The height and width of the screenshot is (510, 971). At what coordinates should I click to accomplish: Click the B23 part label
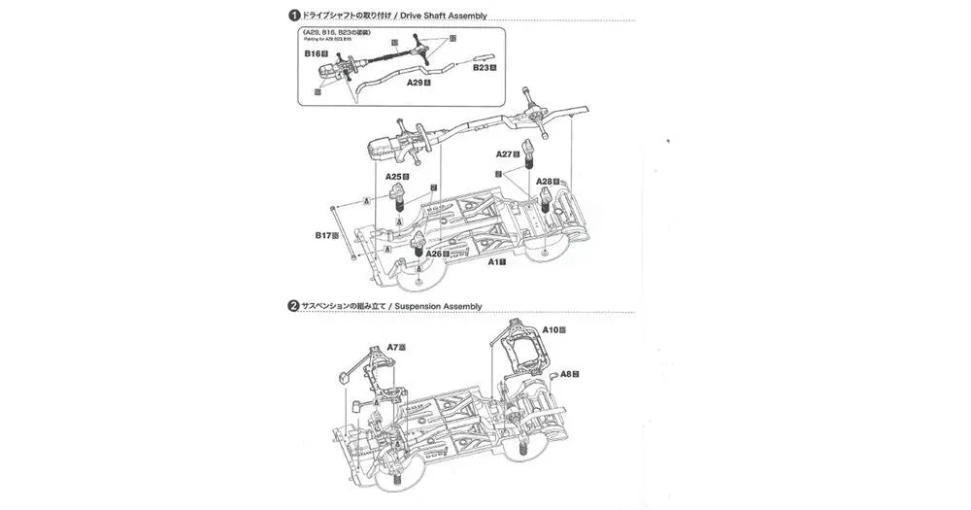[483, 68]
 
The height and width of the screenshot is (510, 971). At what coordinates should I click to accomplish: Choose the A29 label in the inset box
[416, 83]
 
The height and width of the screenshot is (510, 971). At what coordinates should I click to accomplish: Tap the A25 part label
[393, 177]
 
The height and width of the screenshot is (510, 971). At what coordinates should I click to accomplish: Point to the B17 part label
[322, 234]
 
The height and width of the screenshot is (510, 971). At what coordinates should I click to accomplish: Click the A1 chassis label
[494, 261]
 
